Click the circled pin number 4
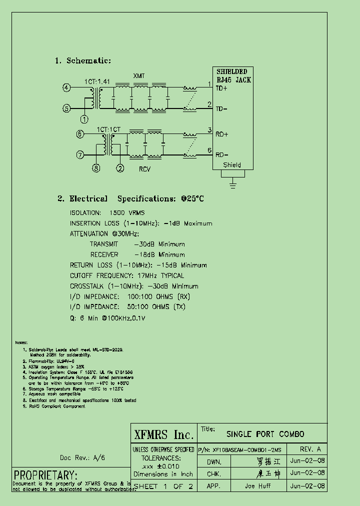coord(66,88)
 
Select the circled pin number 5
coord(66,108)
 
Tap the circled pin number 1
coord(84,119)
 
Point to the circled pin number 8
coord(96,168)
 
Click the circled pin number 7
coord(80,155)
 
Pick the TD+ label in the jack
coord(221,88)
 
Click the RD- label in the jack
coord(222,154)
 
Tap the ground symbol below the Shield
coord(232,185)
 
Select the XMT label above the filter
coord(138,76)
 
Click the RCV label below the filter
coord(144,169)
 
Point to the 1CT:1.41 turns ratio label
coord(97,81)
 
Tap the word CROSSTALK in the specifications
coord(86,286)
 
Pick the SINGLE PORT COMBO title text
coord(265,434)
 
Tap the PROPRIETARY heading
coord(45,474)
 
